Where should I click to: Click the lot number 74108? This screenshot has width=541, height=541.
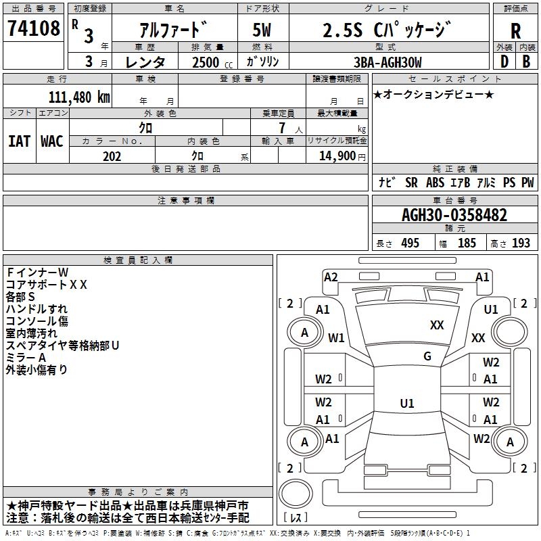click(x=33, y=28)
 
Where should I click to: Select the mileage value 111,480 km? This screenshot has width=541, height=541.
click(x=79, y=97)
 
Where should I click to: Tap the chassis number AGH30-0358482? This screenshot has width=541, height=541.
click(x=454, y=215)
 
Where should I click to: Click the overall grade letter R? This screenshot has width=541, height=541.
click(x=515, y=31)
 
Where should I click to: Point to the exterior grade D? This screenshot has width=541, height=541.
click(x=504, y=62)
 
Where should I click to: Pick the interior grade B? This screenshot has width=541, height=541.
click(x=526, y=62)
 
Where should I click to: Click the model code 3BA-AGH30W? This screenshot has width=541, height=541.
click(x=387, y=62)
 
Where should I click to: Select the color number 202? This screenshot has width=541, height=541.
click(x=112, y=156)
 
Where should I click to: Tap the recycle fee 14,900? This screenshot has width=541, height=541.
click(x=337, y=156)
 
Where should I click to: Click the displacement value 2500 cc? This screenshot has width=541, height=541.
click(x=212, y=62)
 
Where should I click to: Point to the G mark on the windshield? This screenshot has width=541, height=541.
click(x=427, y=356)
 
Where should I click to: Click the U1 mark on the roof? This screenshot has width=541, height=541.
click(x=407, y=403)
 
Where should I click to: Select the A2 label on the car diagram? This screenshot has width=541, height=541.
click(x=331, y=277)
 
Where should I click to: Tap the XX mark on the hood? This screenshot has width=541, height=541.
click(x=437, y=325)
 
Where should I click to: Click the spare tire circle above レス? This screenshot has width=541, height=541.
click(x=296, y=494)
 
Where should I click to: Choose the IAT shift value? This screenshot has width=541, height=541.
click(x=19, y=141)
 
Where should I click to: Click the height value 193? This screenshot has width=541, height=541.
click(x=521, y=243)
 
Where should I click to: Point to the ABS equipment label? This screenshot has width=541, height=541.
click(x=435, y=183)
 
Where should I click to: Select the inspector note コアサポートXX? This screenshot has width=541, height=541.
click(x=46, y=285)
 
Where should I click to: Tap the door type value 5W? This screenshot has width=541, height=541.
click(x=262, y=30)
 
